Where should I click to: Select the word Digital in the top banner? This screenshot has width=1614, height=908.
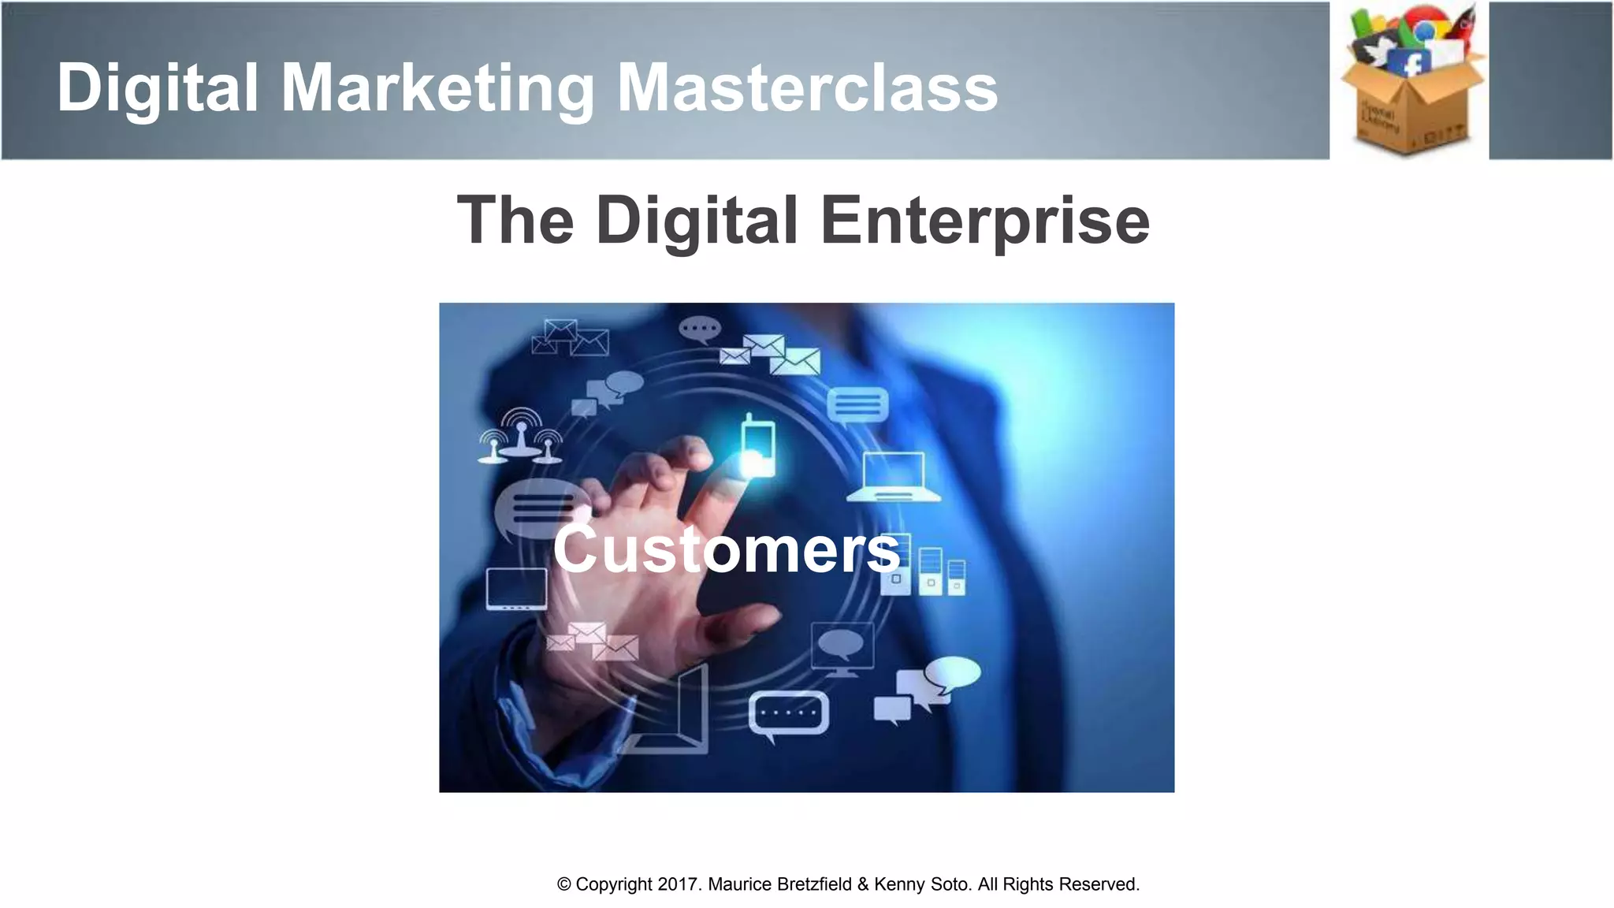[x=158, y=88]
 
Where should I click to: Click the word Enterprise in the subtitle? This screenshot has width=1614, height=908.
[x=984, y=221]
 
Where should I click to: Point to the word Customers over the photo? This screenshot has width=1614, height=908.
[x=726, y=549]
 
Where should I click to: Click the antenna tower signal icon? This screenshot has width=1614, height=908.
[x=521, y=436]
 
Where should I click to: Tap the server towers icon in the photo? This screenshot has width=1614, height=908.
[x=931, y=569]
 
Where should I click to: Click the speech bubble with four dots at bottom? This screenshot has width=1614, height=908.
[x=788, y=714]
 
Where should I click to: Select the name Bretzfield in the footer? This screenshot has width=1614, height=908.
[x=814, y=884]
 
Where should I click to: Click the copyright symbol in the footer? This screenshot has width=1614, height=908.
[x=563, y=884]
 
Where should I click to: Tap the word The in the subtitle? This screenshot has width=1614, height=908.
[x=515, y=221]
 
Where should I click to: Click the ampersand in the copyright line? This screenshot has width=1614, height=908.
[x=862, y=884]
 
